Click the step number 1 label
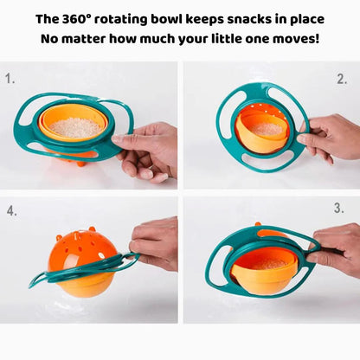click(x=10, y=78)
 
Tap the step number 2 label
click(x=342, y=79)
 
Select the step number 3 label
click(x=338, y=209)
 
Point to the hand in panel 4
click(x=156, y=242)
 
